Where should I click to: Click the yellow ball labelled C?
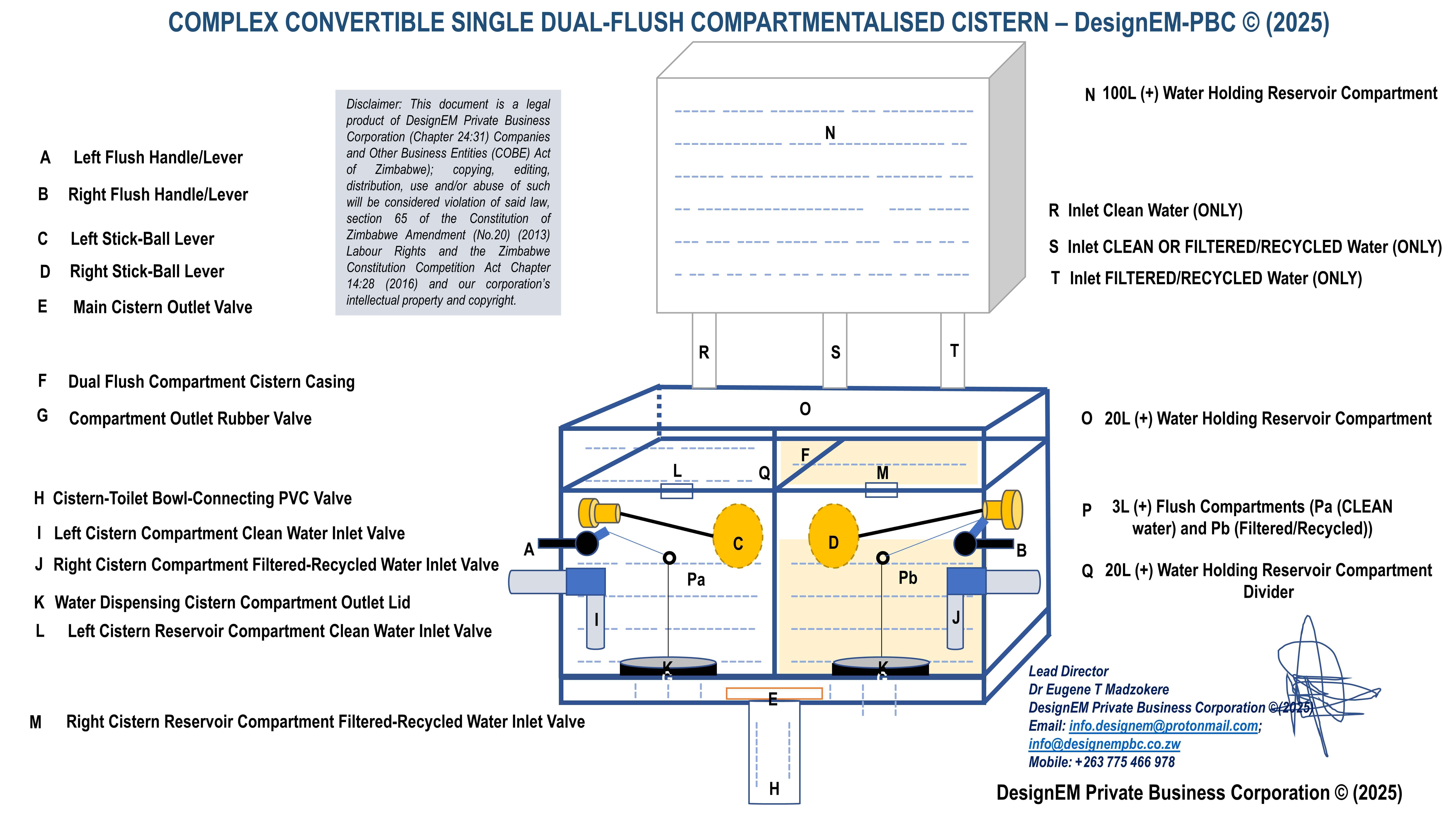[x=738, y=536]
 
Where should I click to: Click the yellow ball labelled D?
[x=833, y=536]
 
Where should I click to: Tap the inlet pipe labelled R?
[x=704, y=351]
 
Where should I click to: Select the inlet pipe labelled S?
[x=835, y=351]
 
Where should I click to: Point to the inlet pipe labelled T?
[x=953, y=351]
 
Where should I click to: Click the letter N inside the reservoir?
[x=830, y=133]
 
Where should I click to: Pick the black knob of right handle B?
[x=965, y=544]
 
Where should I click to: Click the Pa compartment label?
[x=696, y=580]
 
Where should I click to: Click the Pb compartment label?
[x=908, y=578]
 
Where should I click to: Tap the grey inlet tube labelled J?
[x=955, y=620]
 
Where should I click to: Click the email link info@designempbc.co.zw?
[x=1104, y=744]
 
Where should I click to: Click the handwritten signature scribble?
[x=1314, y=688]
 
